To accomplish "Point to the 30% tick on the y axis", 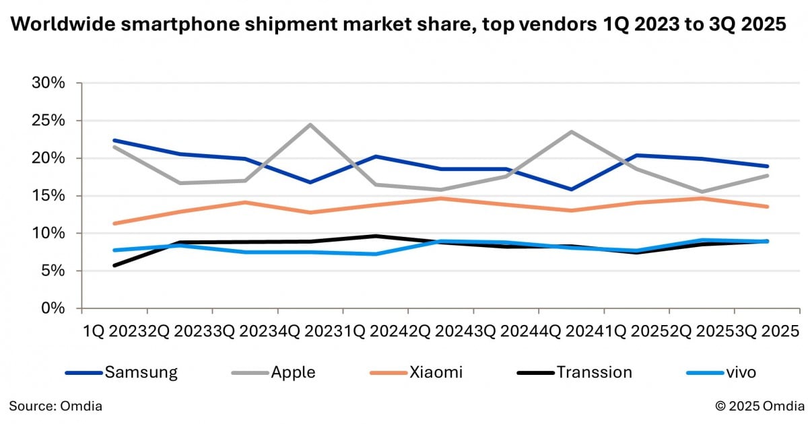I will click(48, 83).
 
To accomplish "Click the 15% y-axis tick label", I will click(48, 196).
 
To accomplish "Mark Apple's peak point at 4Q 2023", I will click(310, 125).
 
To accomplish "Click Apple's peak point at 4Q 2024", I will click(572, 132).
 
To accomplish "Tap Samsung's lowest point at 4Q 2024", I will click(572, 189).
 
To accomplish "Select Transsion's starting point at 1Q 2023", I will click(114, 265).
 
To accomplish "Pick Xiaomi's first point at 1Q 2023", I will click(114, 223).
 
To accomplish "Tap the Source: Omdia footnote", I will click(56, 405).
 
